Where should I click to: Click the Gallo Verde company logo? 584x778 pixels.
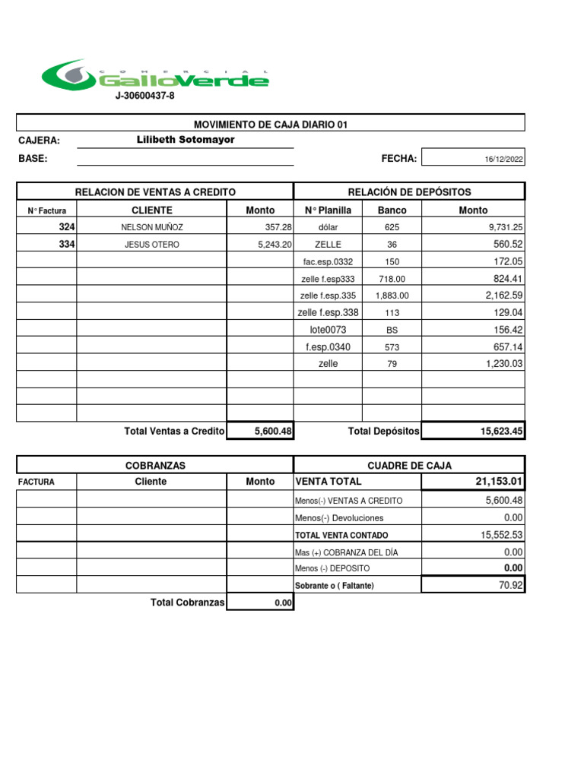coord(155,75)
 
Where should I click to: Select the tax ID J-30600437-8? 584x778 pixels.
coord(144,96)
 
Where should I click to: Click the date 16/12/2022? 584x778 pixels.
coord(504,160)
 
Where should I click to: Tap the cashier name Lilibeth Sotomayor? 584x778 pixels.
coord(186,140)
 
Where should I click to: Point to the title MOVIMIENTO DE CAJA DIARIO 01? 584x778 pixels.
coord(271,125)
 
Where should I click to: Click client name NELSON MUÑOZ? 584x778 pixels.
coord(152,227)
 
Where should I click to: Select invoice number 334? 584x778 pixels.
coord(67,244)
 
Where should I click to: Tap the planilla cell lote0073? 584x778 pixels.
coord(328,330)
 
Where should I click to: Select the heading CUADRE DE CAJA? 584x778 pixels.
coord(409,466)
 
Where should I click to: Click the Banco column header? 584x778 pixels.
coord(392,210)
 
